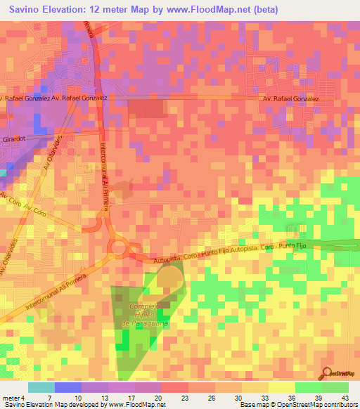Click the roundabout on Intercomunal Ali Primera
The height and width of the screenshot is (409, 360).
click(x=117, y=247)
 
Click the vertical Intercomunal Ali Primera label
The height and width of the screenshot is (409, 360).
click(x=103, y=169)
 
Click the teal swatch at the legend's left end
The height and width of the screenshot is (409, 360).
click(x=41, y=387)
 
